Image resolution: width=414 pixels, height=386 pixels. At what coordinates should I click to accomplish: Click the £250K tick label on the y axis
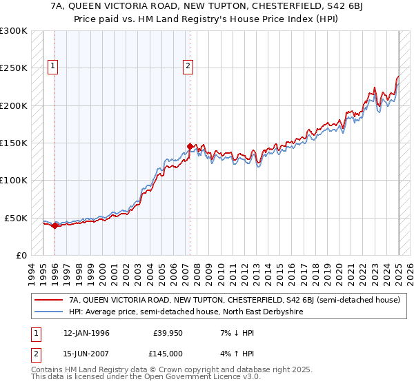(x=13, y=68)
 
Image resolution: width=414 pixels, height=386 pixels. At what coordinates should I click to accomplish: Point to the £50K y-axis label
(x=15, y=218)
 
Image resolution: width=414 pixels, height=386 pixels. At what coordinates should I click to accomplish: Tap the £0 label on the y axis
(x=21, y=255)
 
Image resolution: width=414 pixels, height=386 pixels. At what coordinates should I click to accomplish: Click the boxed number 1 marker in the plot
(x=53, y=66)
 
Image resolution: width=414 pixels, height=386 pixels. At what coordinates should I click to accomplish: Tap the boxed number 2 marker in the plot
(x=188, y=66)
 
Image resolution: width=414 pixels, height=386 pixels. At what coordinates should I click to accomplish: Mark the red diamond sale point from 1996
(x=55, y=225)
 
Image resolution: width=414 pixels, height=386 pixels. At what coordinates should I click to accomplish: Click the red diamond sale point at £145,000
(x=190, y=146)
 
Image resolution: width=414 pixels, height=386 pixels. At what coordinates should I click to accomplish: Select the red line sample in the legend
(x=49, y=301)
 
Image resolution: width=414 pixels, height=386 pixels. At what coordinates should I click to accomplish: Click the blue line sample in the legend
(x=49, y=312)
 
